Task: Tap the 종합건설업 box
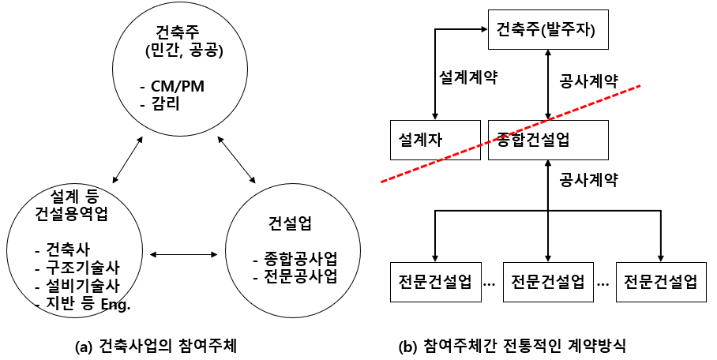pos(548,140)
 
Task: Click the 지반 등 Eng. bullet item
pos(82,304)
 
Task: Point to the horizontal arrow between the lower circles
pos(184,254)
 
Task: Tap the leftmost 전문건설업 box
pos(436,280)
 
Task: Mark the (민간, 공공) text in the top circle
pos(179,52)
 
